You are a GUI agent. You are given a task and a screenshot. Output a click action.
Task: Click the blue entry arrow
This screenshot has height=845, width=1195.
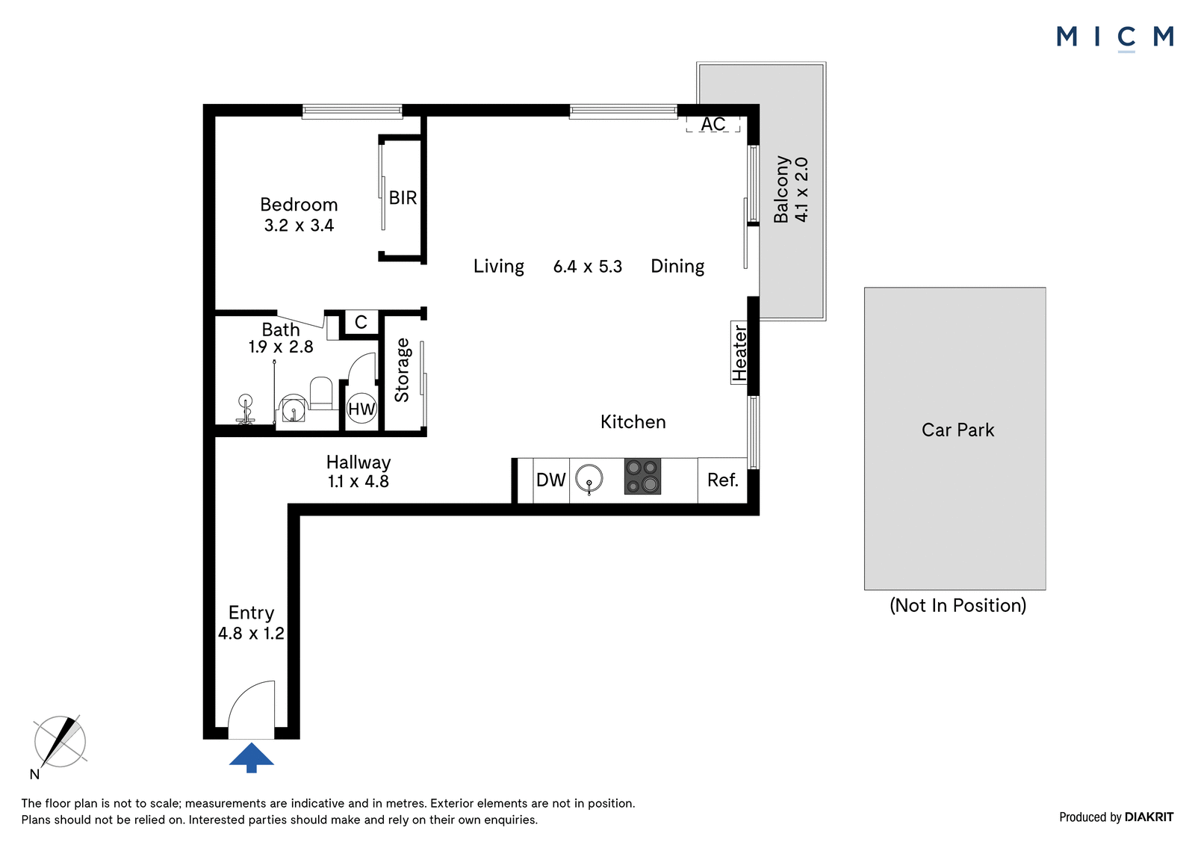click(251, 758)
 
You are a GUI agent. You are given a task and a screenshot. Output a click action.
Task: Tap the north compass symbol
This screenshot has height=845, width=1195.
click(60, 742)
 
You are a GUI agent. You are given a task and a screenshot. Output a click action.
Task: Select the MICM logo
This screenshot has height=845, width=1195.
click(1115, 38)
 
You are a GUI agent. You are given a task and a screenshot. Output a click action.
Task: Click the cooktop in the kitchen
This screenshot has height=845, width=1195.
click(642, 477)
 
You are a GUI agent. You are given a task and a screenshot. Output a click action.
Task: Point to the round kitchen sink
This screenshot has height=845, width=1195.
click(589, 478)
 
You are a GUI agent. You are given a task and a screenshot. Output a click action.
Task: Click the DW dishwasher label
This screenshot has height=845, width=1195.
click(550, 480)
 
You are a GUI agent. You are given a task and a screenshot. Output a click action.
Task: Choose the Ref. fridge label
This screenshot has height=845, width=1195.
click(723, 480)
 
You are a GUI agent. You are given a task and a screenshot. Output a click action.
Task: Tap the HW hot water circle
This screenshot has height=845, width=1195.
click(361, 409)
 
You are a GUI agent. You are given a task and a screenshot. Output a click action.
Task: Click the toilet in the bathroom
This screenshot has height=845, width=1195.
click(321, 394)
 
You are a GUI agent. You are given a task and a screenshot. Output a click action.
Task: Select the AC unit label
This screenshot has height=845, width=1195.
click(713, 124)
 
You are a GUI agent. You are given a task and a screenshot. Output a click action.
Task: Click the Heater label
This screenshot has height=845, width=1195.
click(739, 353)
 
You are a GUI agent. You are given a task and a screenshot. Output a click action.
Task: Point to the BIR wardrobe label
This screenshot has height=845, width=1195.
click(403, 197)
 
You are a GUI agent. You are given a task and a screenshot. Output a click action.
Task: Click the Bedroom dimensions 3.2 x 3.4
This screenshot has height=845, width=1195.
click(299, 226)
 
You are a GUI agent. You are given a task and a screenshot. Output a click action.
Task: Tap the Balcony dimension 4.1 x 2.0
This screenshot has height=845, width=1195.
click(801, 190)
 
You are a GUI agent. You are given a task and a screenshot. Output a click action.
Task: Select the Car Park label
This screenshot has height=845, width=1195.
click(957, 430)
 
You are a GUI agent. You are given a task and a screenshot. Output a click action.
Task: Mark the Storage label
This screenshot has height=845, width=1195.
click(402, 370)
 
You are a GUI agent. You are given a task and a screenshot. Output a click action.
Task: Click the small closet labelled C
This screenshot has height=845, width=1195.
click(361, 322)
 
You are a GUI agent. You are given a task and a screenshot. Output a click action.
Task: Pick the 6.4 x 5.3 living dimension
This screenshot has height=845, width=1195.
click(587, 267)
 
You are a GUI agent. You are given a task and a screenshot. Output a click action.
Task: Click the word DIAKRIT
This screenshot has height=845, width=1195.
click(1149, 817)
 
